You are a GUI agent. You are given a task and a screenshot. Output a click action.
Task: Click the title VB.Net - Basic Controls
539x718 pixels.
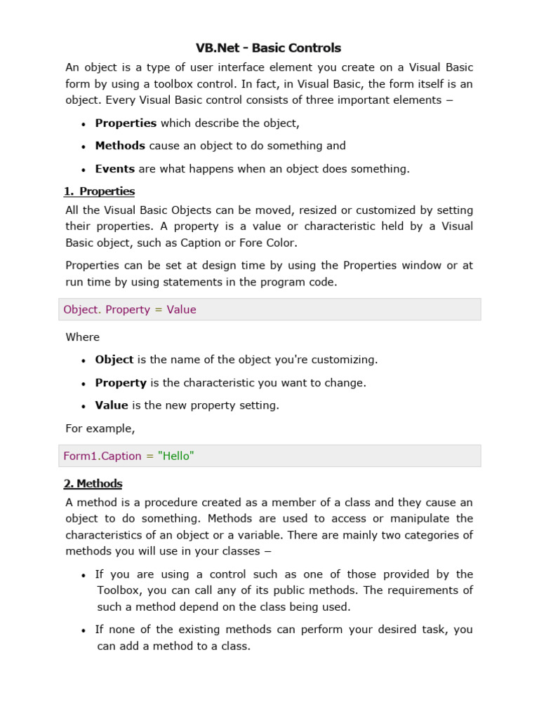click(x=269, y=48)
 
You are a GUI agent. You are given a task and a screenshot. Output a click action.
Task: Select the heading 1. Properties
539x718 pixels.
click(x=99, y=191)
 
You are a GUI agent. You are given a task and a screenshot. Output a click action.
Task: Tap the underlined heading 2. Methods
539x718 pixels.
click(x=93, y=484)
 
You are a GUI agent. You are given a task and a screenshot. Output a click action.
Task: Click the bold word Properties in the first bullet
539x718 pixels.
click(x=126, y=123)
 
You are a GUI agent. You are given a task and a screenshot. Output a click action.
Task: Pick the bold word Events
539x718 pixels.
click(x=115, y=169)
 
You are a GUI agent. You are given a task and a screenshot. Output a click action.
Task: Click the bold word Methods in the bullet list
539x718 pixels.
click(x=120, y=146)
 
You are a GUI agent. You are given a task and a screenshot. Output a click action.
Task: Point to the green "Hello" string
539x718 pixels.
click(x=176, y=456)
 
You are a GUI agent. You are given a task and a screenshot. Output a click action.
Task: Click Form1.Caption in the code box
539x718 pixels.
click(x=102, y=456)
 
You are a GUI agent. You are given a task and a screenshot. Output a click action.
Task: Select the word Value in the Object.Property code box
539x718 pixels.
click(x=181, y=310)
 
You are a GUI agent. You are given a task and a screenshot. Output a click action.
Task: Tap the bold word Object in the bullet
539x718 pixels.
click(x=114, y=360)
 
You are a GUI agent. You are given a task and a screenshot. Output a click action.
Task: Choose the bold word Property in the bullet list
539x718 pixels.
click(x=121, y=383)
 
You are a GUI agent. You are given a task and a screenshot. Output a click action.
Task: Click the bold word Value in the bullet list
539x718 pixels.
click(x=112, y=405)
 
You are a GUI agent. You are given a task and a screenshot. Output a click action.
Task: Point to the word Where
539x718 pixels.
click(x=83, y=337)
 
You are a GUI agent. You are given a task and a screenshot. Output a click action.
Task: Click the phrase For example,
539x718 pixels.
click(x=100, y=428)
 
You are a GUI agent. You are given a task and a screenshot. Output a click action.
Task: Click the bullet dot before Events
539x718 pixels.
click(x=83, y=170)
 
